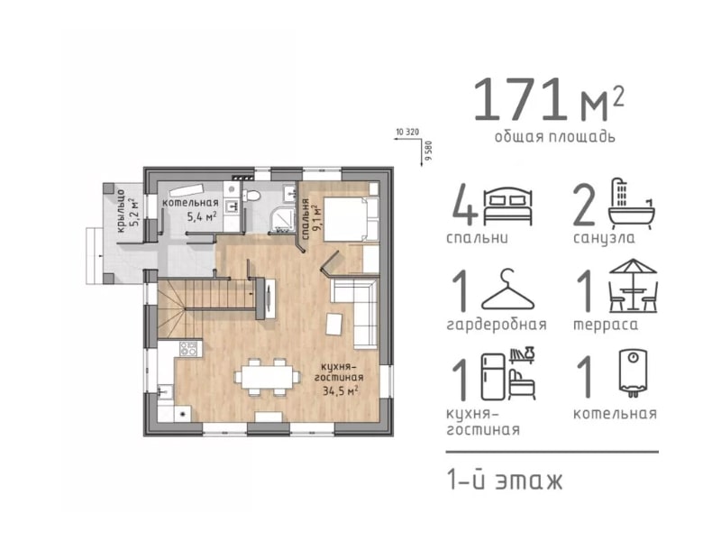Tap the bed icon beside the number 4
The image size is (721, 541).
pos(507,206)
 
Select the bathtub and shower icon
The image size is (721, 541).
pos(632,204)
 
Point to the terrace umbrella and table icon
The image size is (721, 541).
pos(634,285)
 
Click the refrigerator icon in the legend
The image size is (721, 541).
pos(492,377)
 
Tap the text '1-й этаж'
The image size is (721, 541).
pos(505,481)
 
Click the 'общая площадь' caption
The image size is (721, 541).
pos(554,137)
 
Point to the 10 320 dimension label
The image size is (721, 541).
pos(407,132)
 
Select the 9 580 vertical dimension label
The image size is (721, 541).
pos(430,151)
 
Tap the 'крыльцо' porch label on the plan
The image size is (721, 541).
pos(120,211)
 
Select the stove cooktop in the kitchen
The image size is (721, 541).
pos(188,348)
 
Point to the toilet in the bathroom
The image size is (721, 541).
pos(252,196)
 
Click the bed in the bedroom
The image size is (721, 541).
pos(351,219)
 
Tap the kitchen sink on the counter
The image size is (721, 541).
pos(165,392)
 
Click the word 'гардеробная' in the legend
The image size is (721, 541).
pos(497,325)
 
